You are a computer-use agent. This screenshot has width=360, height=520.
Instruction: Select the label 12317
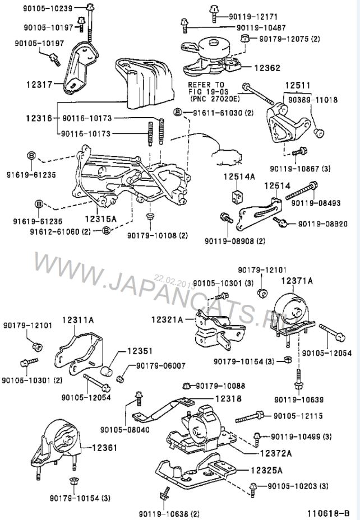pos(38,85)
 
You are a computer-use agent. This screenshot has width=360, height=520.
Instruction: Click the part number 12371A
pos(297,278)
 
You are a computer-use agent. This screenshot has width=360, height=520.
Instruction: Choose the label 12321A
pos(167,320)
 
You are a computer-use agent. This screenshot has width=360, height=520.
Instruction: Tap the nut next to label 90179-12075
pos(244,39)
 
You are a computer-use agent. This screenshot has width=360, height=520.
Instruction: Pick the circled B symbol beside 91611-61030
pos(178,112)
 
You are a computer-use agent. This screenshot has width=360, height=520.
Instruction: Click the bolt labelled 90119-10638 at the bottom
pos(165,493)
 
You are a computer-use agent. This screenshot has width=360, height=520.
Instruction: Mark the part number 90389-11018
pos(313,99)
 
